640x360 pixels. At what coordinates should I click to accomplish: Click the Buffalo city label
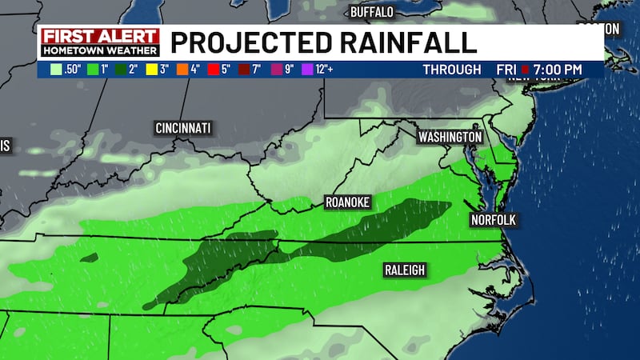point(373,12)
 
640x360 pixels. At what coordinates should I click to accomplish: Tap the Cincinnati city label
point(182,128)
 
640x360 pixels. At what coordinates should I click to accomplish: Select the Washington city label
point(450,138)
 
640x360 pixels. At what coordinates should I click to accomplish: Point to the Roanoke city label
point(347,202)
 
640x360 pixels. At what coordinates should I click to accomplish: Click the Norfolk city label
point(492,219)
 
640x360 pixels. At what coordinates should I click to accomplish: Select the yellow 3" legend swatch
point(151,70)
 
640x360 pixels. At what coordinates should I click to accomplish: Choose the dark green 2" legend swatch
point(121,70)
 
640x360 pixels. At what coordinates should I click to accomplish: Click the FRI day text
point(506,70)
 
